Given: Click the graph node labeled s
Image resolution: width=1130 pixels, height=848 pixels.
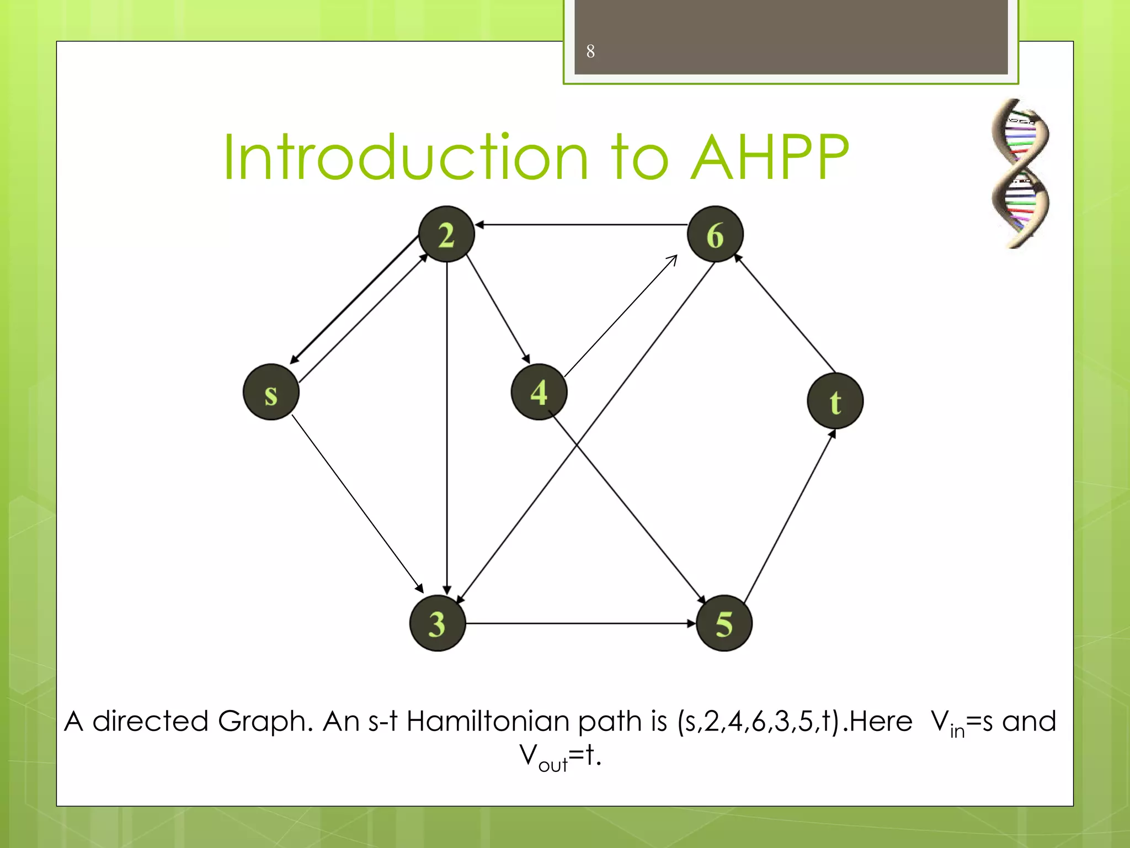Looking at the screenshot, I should click(271, 392).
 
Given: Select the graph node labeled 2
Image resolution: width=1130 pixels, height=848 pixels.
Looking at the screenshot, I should click(446, 234).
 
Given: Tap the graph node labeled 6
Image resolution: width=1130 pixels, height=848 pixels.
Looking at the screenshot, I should click(715, 234).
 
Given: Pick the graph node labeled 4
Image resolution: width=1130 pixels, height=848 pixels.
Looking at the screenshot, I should click(539, 392).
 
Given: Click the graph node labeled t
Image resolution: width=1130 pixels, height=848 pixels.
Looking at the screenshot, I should click(835, 401).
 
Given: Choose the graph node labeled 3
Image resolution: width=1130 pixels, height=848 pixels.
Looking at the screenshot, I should click(438, 623).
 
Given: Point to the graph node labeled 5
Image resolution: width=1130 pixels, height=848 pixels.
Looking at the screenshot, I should click(724, 623).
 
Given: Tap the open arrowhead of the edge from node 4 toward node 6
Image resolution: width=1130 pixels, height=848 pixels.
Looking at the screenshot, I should click(673, 259).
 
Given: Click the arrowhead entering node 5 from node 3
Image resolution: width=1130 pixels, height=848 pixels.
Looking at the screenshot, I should click(691, 623).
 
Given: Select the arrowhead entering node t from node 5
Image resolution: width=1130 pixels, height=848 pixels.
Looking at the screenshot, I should click(833, 434).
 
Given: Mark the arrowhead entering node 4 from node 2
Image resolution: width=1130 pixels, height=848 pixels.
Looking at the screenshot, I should click(526, 358).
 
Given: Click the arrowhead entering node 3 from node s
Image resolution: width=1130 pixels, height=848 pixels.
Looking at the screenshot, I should click(419, 588).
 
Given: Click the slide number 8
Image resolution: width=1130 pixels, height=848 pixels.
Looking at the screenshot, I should click(590, 51).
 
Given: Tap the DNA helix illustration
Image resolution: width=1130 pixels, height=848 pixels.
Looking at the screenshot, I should click(1020, 173).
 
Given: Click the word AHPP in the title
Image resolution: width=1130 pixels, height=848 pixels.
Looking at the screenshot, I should click(769, 158).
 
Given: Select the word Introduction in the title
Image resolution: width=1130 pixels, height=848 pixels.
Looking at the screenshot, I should click(406, 158).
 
